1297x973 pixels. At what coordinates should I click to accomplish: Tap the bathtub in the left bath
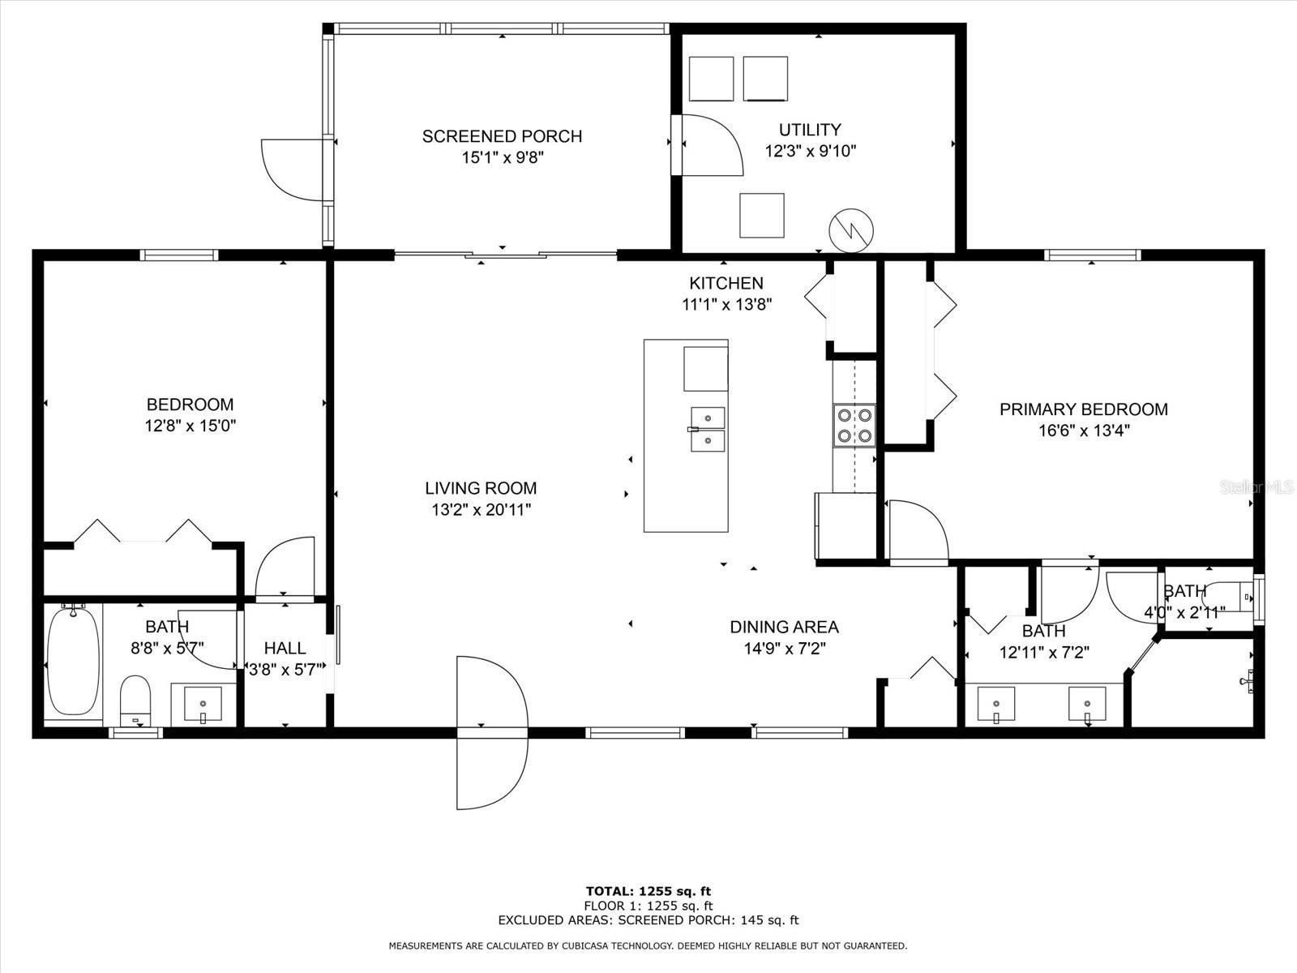[x=73, y=661]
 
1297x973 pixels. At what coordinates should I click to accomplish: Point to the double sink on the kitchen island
[x=708, y=429]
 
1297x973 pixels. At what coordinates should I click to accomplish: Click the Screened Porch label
[x=502, y=136]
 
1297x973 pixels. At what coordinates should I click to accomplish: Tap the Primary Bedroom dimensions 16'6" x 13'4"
[x=1084, y=431]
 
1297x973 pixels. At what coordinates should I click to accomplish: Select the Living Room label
[x=481, y=488]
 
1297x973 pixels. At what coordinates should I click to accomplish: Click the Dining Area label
[x=784, y=627]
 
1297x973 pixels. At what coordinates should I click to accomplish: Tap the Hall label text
[x=285, y=648]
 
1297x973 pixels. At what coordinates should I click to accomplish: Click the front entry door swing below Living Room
[x=490, y=733]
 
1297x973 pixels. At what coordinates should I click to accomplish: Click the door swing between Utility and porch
[x=710, y=145]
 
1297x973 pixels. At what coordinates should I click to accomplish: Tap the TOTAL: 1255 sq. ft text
[x=648, y=891]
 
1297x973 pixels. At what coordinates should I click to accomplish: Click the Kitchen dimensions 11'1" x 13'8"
[x=726, y=305]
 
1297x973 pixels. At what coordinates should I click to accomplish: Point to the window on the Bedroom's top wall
[x=179, y=255]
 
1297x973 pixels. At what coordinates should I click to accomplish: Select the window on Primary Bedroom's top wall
[x=1092, y=255]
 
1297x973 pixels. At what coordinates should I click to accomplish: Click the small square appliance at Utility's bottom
[x=761, y=216]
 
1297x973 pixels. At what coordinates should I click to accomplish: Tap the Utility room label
[x=810, y=130]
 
